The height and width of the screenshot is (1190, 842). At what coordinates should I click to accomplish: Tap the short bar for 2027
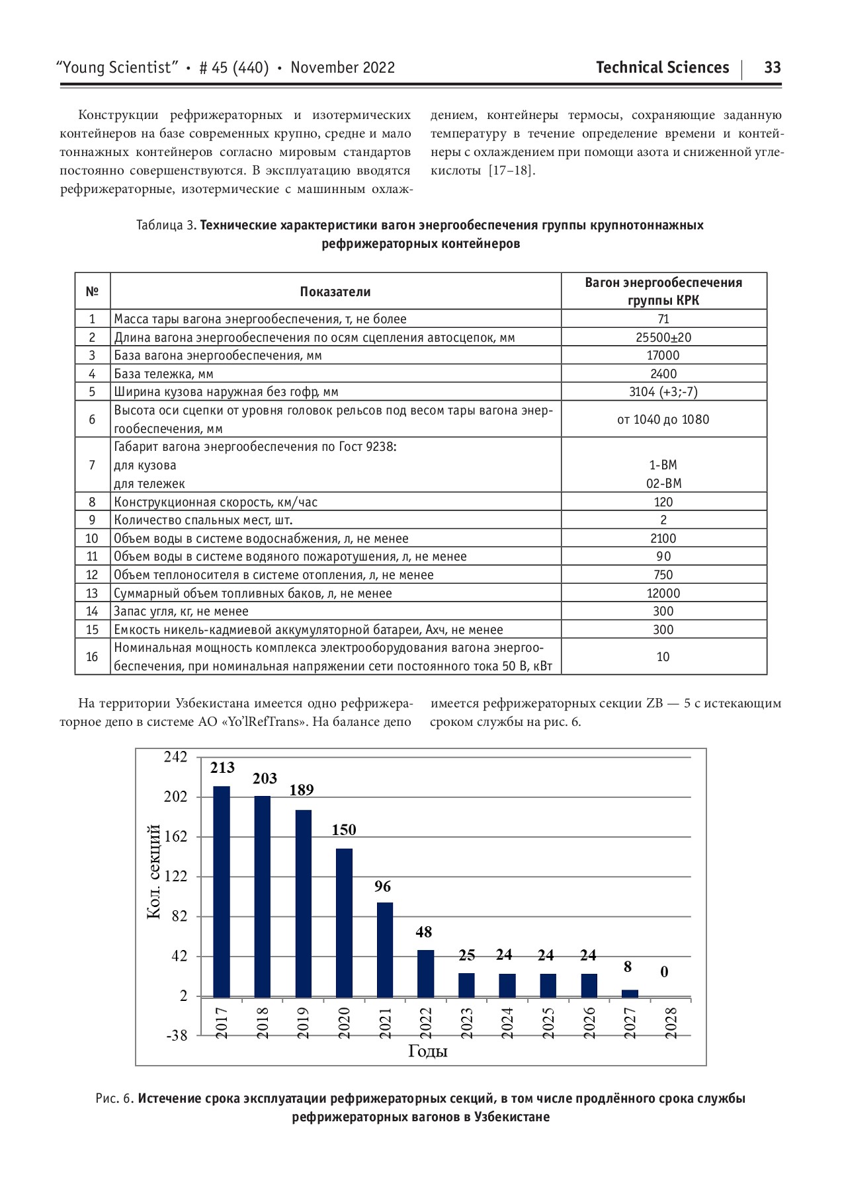click(630, 993)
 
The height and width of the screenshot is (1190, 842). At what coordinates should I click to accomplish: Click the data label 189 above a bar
click(302, 790)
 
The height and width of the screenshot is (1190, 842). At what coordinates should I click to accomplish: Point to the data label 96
click(382, 887)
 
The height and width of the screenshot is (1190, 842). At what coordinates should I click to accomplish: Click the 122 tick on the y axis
click(176, 877)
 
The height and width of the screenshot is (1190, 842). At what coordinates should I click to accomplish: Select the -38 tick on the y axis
click(176, 1036)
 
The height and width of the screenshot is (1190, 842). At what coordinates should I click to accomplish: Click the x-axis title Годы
click(428, 1051)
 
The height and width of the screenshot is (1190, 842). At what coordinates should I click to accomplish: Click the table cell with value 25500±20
click(663, 337)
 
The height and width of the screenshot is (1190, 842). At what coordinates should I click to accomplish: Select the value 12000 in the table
click(663, 593)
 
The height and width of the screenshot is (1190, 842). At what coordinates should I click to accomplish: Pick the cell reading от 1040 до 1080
click(663, 419)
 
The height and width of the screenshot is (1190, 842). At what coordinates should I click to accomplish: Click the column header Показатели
click(335, 292)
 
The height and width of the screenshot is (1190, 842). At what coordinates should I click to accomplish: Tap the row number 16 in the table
click(92, 656)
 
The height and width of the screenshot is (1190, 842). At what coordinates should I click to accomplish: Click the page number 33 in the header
click(772, 67)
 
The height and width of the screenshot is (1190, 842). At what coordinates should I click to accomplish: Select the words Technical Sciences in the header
click(662, 67)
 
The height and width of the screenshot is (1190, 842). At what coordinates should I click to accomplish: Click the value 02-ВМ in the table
click(663, 483)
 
